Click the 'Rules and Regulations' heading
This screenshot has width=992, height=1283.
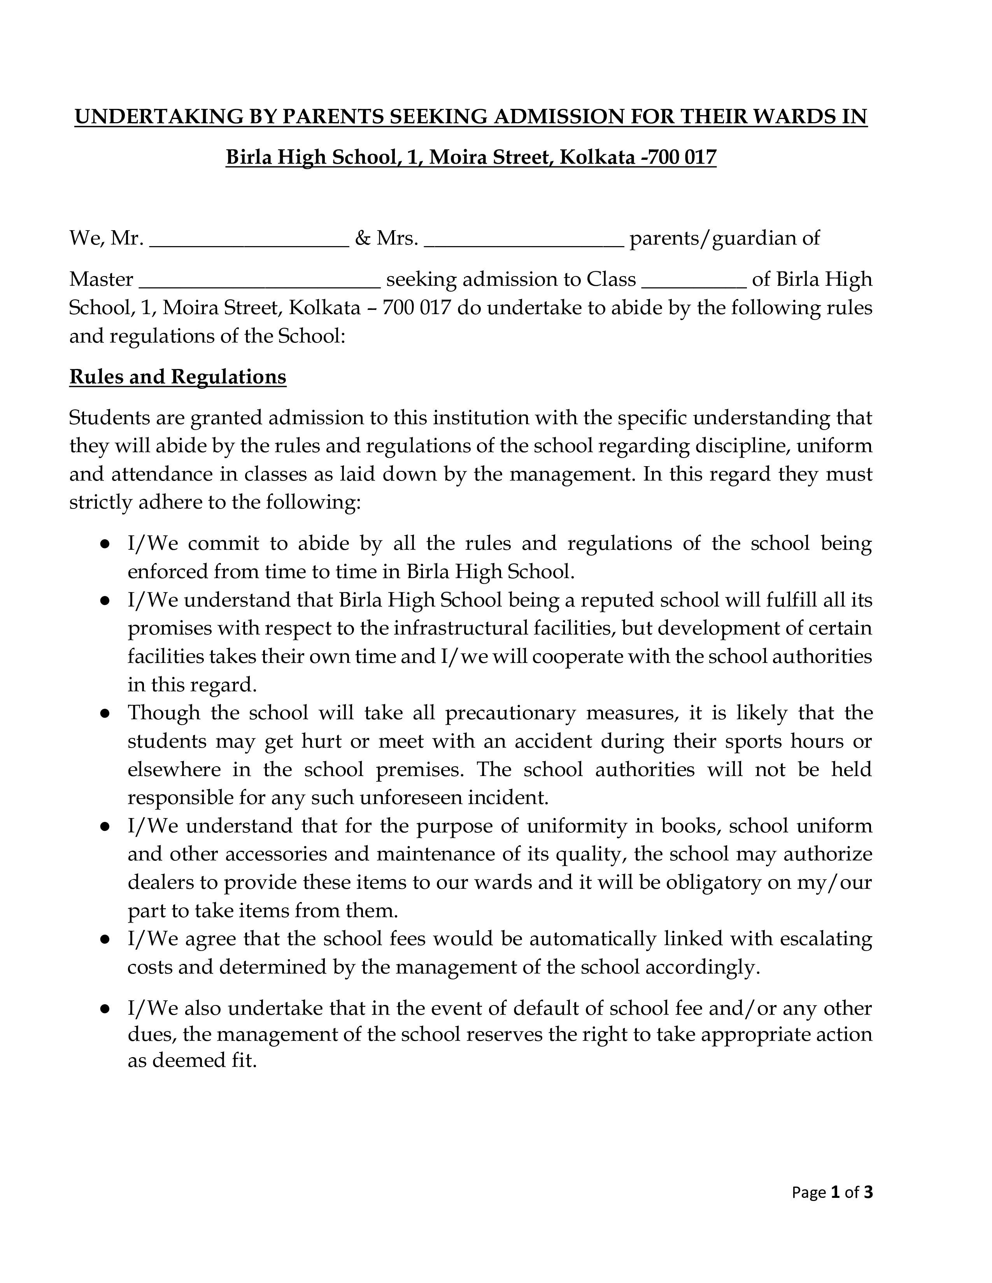(x=177, y=377)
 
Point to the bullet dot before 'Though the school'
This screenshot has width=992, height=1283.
(x=105, y=713)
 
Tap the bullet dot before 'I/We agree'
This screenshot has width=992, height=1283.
(x=105, y=939)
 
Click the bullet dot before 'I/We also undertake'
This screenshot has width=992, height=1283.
(x=105, y=1009)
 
